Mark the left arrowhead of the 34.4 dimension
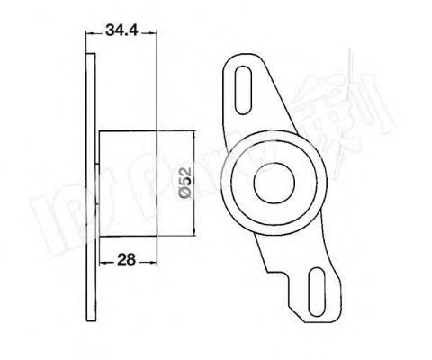coord(89,35)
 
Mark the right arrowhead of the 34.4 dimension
coord(156,35)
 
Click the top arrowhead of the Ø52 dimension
coord(194,132)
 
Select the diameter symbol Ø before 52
coord(182,199)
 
